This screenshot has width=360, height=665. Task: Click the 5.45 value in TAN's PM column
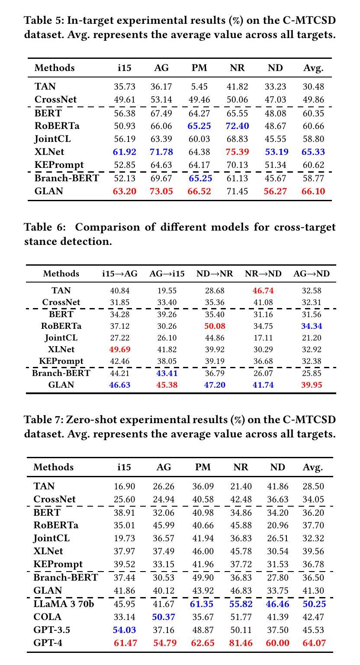click(199, 87)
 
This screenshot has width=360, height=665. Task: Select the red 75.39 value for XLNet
click(237, 152)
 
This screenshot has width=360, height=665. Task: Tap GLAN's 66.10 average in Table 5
click(313, 191)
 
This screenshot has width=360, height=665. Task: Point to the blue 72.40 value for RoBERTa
click(237, 126)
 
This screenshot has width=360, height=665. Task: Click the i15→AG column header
click(119, 273)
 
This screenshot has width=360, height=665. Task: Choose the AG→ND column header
click(312, 273)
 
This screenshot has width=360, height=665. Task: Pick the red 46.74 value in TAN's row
click(263, 290)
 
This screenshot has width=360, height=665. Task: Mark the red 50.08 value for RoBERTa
click(215, 326)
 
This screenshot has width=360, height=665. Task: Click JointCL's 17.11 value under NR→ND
click(263, 338)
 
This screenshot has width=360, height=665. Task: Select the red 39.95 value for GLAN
click(312, 385)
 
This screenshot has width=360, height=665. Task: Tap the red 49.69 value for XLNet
click(119, 350)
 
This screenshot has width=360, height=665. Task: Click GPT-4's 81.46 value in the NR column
click(241, 643)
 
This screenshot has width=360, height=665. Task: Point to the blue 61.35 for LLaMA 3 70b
click(202, 604)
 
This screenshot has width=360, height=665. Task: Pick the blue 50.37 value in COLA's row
click(164, 617)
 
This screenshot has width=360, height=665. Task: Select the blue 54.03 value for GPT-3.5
click(124, 630)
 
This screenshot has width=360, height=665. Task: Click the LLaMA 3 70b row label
click(64, 604)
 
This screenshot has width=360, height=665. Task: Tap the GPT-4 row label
click(48, 643)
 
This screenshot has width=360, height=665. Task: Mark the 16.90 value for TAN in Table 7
click(124, 486)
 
